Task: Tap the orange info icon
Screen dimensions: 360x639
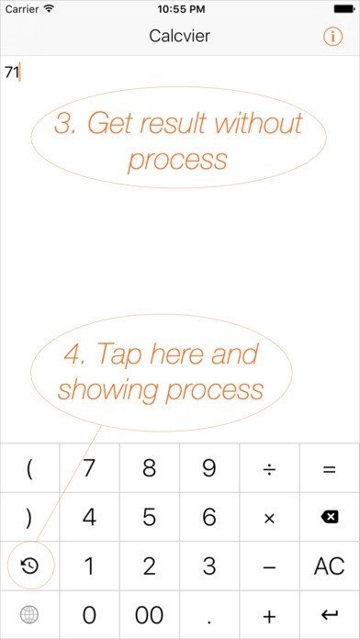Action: click(x=332, y=37)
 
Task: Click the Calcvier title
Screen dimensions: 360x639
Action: click(x=179, y=37)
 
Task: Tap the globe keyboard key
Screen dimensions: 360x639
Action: click(x=29, y=614)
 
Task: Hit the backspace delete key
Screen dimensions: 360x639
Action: click(x=330, y=517)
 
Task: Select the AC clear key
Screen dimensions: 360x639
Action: click(x=330, y=566)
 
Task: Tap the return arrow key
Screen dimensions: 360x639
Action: click(x=330, y=614)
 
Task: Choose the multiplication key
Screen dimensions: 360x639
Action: click(x=269, y=518)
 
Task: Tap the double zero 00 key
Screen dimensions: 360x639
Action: click(x=149, y=614)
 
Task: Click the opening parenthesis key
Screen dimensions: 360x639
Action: click(x=29, y=469)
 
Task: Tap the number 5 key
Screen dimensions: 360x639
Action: click(x=149, y=517)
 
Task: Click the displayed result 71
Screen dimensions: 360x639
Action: click(x=12, y=73)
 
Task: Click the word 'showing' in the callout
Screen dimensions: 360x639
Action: click(x=108, y=390)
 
